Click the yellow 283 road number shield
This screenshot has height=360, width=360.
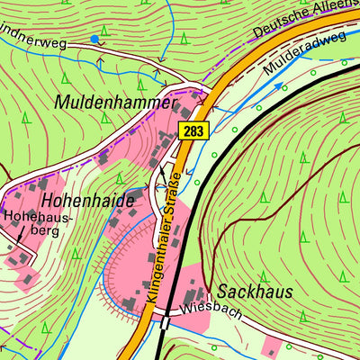(x=193, y=130)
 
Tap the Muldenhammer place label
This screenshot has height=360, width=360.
(x=113, y=102)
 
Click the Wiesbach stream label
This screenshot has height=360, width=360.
(x=202, y=308)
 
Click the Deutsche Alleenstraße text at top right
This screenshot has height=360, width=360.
(x=305, y=20)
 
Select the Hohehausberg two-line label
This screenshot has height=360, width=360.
(x=31, y=223)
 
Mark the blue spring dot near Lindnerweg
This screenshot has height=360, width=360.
(x=94, y=39)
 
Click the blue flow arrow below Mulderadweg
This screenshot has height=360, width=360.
(x=277, y=86)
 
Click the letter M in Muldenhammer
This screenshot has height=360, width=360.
(x=63, y=102)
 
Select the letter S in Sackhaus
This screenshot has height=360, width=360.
(x=221, y=292)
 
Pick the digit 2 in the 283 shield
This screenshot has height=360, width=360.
(x=185, y=130)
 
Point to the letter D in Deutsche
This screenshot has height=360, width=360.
(x=257, y=34)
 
